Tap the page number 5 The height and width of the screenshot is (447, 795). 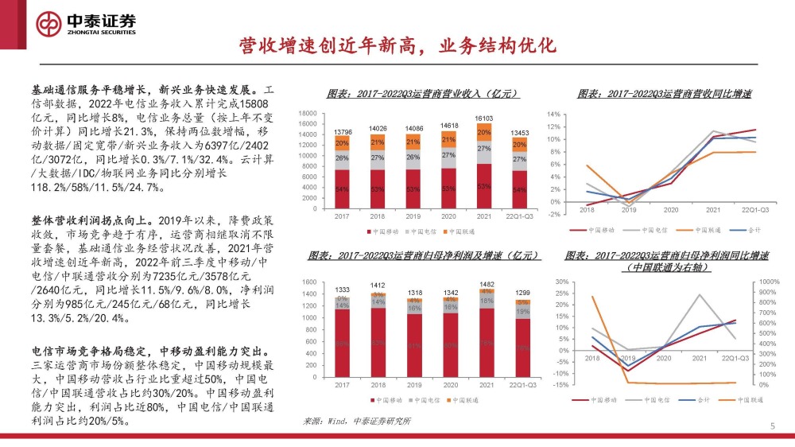point(772,427)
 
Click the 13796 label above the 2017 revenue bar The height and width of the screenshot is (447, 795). point(343,131)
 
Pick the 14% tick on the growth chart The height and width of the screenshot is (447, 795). point(553,115)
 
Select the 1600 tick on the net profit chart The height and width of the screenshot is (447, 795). point(309,282)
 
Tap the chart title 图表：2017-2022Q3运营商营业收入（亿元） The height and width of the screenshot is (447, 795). point(424,94)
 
